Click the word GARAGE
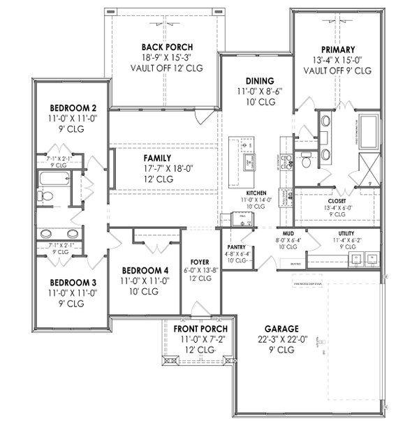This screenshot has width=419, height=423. click(281, 329)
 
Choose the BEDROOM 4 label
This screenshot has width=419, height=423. click(145, 270)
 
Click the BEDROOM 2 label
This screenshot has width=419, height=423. click(73, 108)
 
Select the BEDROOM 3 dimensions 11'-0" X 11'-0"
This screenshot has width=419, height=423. click(73, 294)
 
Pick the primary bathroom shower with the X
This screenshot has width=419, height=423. click(367, 167)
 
